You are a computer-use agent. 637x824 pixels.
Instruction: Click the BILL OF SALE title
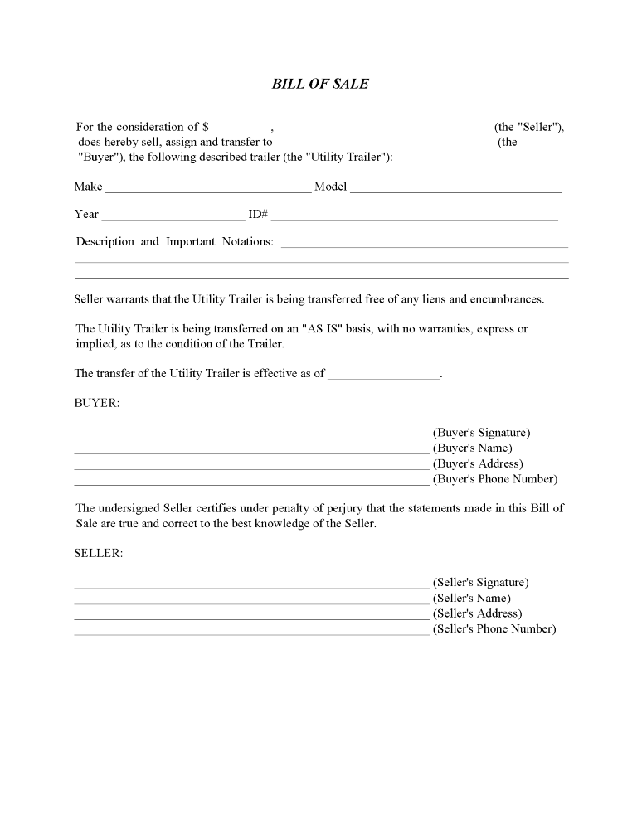(320, 85)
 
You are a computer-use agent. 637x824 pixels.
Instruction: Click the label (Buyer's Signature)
(481, 433)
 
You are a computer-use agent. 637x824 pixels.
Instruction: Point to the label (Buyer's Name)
(472, 448)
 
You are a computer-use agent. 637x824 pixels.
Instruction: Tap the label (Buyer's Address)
(478, 463)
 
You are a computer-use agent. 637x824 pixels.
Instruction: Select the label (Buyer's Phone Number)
(495, 479)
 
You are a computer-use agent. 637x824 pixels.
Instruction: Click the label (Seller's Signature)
(480, 583)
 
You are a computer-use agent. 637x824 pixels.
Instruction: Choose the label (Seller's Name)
(471, 598)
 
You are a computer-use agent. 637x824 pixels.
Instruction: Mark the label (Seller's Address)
(477, 613)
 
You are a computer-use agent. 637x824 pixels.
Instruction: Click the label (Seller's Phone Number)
(494, 629)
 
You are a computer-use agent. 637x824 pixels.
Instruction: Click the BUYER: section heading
(97, 403)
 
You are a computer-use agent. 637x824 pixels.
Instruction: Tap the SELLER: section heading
(99, 554)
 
